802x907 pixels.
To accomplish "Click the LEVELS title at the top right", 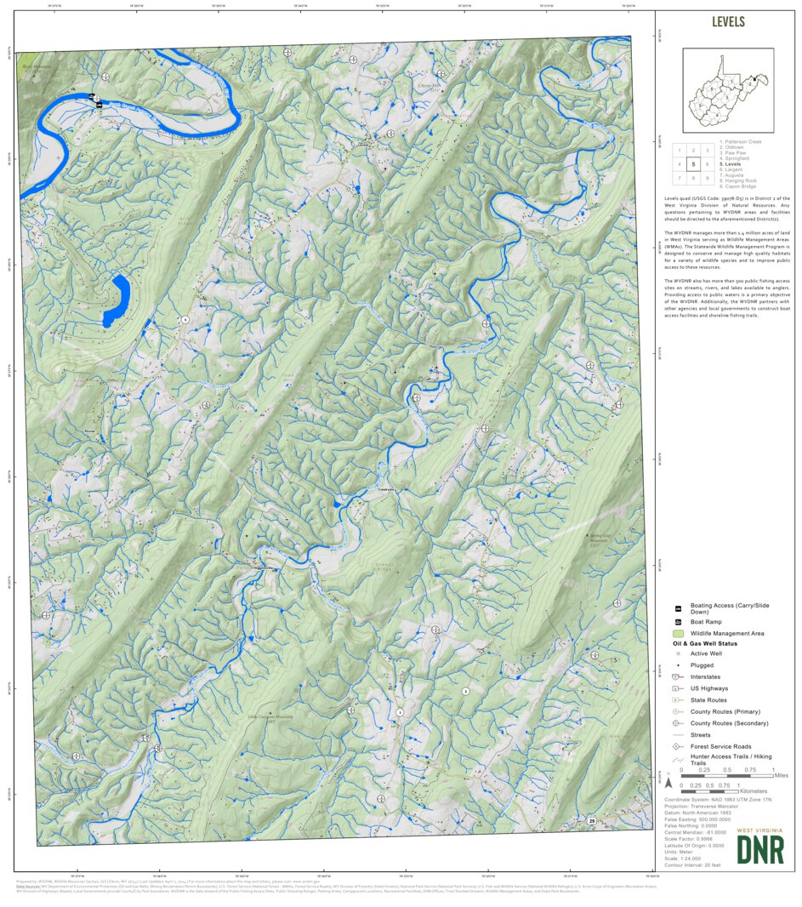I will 728,22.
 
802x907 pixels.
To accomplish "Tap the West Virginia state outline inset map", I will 727,89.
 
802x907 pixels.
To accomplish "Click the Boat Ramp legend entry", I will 706,622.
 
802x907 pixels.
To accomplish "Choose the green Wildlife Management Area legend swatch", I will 678,634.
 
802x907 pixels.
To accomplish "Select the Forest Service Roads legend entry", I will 720,746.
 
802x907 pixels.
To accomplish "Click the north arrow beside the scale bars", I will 668,782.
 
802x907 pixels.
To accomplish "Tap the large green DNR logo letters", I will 759,849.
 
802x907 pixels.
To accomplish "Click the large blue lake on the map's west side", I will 117,300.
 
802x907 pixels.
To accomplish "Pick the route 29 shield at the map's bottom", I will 591,820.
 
